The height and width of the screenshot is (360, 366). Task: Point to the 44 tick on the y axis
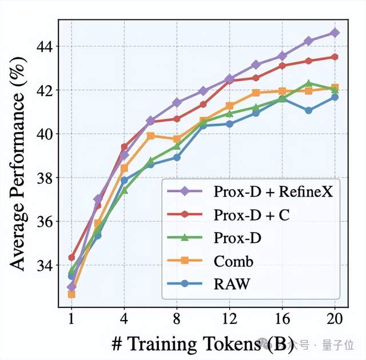46,46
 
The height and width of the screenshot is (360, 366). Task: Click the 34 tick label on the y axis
46,265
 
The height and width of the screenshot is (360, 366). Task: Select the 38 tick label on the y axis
46,178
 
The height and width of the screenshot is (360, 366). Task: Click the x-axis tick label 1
71,319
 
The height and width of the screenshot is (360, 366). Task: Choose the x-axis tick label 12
229,319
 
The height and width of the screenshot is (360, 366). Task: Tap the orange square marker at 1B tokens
71,294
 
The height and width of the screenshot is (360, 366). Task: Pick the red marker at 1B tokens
71,258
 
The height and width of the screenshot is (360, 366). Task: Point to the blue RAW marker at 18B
309,110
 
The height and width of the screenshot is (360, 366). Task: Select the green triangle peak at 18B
309,83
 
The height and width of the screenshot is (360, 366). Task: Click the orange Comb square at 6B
151,135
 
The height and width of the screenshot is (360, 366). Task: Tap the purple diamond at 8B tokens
177,102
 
